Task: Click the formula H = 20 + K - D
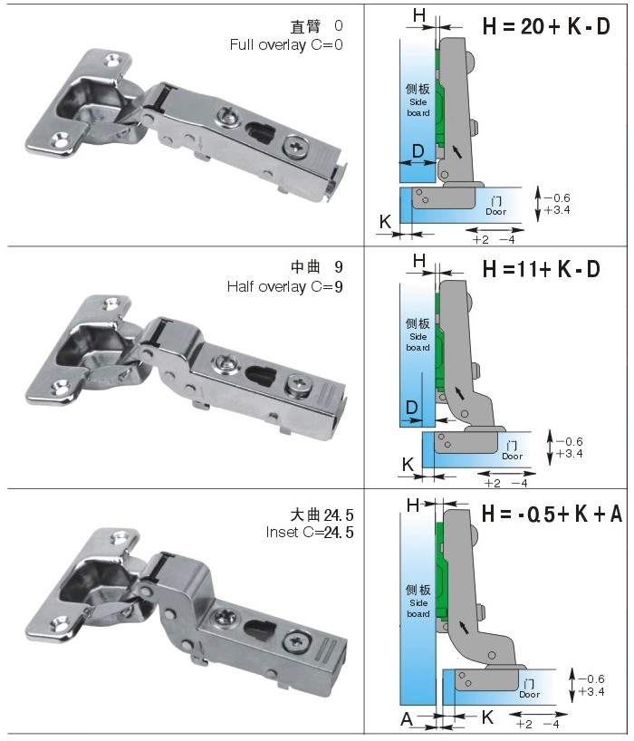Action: [545, 26]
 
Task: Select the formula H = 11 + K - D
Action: [542, 269]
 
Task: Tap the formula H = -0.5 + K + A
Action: [552, 513]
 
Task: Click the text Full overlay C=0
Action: [286, 44]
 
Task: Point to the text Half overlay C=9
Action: [284, 286]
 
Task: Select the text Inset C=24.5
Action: [309, 531]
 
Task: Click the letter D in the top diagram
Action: [418, 149]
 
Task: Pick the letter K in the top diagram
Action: [385, 220]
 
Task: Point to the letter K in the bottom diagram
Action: [487, 717]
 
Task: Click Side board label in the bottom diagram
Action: [418, 607]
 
